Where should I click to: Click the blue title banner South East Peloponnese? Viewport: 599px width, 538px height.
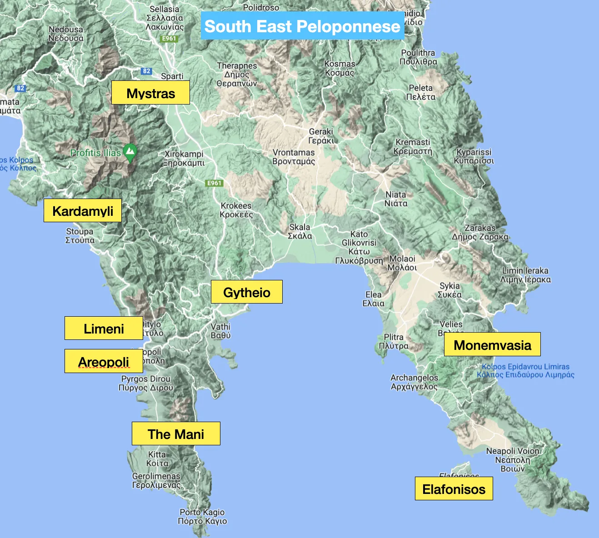pyautogui.click(x=302, y=26)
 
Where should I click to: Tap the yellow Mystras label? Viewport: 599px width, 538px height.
pyautogui.click(x=150, y=93)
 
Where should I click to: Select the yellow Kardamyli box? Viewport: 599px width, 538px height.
pyautogui.click(x=83, y=211)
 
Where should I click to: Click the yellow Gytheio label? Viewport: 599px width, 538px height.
pyautogui.click(x=246, y=292)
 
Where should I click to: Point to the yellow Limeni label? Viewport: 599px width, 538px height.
pyautogui.click(x=104, y=329)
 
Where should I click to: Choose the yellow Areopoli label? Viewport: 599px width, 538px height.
pyautogui.click(x=104, y=362)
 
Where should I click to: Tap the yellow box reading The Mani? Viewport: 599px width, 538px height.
pyautogui.click(x=176, y=434)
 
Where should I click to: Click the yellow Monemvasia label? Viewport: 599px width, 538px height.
pyautogui.click(x=492, y=345)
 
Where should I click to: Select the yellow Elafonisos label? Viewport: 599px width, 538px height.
pyautogui.click(x=454, y=489)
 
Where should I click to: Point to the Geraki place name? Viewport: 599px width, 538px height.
pyautogui.click(x=321, y=136)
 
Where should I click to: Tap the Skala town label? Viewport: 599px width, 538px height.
pyautogui.click(x=300, y=231)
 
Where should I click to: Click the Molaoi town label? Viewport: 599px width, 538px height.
pyautogui.click(x=402, y=263)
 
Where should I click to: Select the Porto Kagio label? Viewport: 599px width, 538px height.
pyautogui.click(x=202, y=517)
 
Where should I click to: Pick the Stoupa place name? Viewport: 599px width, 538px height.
pyautogui.click(x=80, y=235)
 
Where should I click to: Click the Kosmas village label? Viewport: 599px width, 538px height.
pyautogui.click(x=339, y=68)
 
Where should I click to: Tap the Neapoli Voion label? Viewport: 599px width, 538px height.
pyautogui.click(x=513, y=459)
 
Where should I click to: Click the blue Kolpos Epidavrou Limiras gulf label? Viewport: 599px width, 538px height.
pyautogui.click(x=525, y=370)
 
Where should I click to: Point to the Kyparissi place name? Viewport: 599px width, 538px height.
pyautogui.click(x=474, y=156)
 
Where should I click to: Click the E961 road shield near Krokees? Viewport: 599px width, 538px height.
pyautogui.click(x=214, y=183)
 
